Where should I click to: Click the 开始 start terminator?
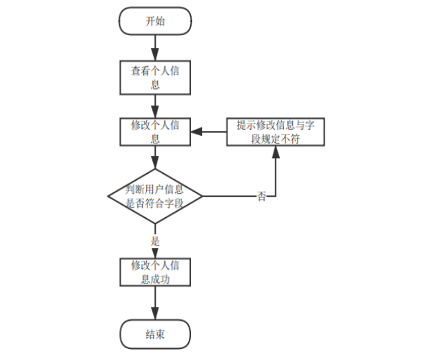click(x=155, y=21)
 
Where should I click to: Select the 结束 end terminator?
click(x=155, y=334)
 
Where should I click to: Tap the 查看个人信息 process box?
click(x=155, y=78)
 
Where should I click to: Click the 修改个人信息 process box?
click(x=155, y=131)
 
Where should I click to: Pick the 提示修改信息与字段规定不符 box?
click(x=275, y=131)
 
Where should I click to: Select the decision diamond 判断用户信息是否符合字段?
click(x=155, y=197)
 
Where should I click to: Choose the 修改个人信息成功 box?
click(x=155, y=272)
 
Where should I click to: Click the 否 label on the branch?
click(x=262, y=197)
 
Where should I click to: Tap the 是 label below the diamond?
click(x=155, y=241)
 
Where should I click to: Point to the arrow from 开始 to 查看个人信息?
click(x=155, y=48)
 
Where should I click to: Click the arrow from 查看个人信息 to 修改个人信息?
click(x=155, y=105)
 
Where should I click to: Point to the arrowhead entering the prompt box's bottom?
click(x=276, y=151)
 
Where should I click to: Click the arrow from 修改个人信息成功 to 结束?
click(x=155, y=303)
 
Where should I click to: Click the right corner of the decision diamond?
click(x=202, y=197)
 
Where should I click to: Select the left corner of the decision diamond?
click(x=109, y=197)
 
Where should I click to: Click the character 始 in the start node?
click(x=161, y=21)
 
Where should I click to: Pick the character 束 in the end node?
click(x=161, y=334)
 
